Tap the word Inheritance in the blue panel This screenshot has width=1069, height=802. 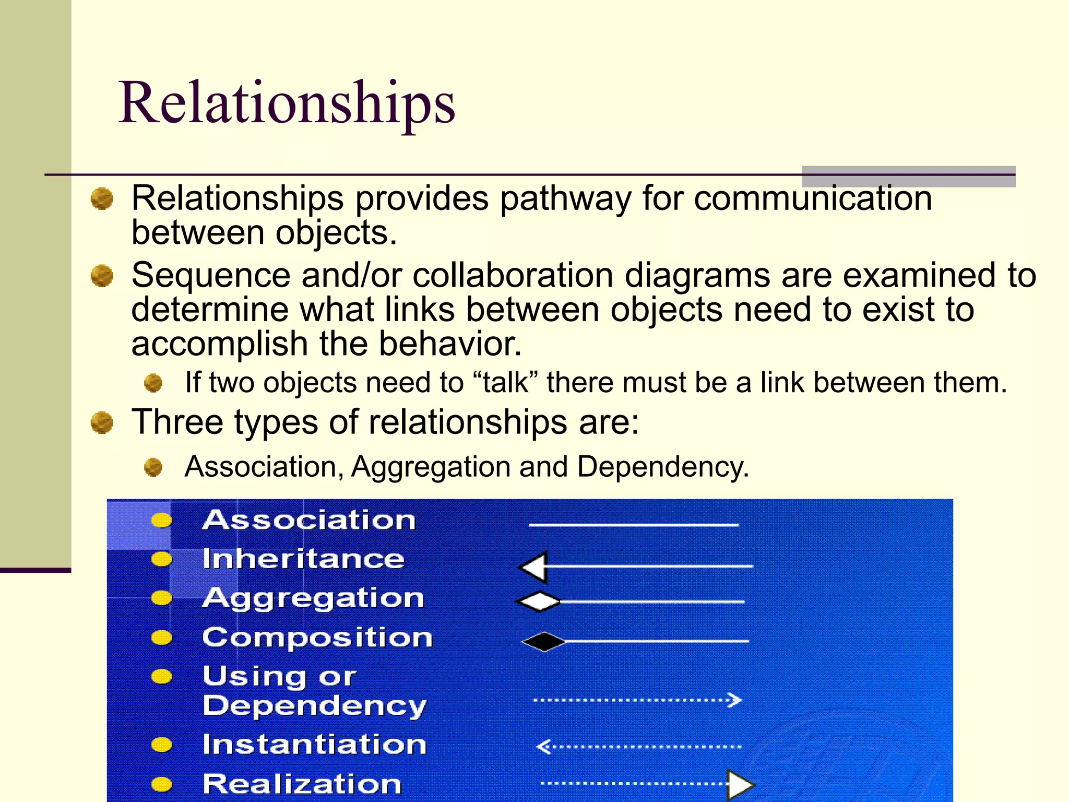pyautogui.click(x=303, y=559)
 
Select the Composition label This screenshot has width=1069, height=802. pyautogui.click(x=317, y=638)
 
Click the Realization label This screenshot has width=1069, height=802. pyautogui.click(x=302, y=784)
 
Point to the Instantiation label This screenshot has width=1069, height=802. pyautogui.click(x=314, y=745)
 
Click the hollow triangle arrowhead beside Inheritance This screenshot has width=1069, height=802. pyautogui.click(x=534, y=567)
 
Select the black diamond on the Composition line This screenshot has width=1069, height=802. pyautogui.click(x=543, y=642)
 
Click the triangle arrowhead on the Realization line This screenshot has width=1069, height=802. pyautogui.click(x=740, y=784)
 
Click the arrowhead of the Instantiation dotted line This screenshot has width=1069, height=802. pyautogui.click(x=543, y=747)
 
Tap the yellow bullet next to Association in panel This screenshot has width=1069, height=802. pyautogui.click(x=161, y=520)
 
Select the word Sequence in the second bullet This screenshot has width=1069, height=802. pyautogui.click(x=210, y=275)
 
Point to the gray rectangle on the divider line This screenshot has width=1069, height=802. pyautogui.click(x=908, y=176)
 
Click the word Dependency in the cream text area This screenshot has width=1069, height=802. pyautogui.click(x=662, y=466)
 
